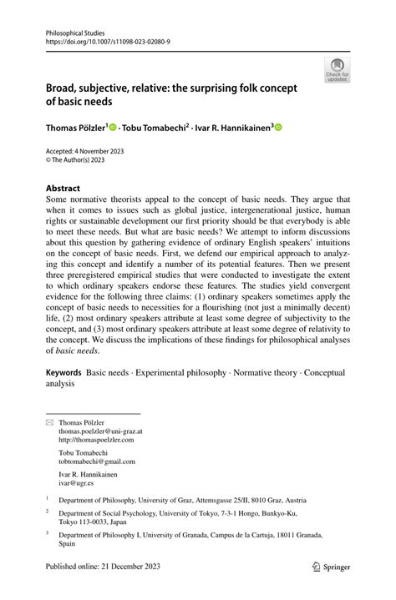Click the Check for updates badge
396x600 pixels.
(x=338, y=70)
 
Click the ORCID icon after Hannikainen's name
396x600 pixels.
(x=280, y=128)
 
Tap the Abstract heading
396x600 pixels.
(x=63, y=188)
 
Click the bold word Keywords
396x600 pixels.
(x=63, y=371)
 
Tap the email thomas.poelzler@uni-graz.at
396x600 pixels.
(x=100, y=432)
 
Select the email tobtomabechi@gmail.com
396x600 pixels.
(x=96, y=461)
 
